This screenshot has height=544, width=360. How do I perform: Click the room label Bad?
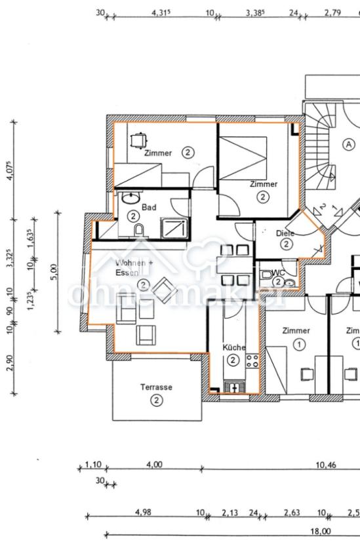[x=148, y=206]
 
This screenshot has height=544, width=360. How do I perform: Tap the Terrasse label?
[x=156, y=387]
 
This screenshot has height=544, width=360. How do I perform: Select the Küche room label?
[x=233, y=347]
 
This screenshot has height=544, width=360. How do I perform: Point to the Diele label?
[x=285, y=233]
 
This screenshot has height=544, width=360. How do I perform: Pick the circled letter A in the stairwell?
[x=349, y=144]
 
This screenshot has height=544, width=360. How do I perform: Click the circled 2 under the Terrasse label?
[x=156, y=400]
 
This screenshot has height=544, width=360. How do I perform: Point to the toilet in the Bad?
[x=139, y=229]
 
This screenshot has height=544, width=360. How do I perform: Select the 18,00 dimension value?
[x=320, y=532]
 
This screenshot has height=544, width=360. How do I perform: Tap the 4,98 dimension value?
[x=142, y=513]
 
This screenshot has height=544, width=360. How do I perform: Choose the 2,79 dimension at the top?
[x=332, y=12]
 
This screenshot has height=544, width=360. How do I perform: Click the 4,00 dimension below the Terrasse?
[x=153, y=465]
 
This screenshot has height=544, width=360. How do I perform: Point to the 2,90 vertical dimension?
[x=10, y=362]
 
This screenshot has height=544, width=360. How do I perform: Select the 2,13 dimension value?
[x=230, y=513]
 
